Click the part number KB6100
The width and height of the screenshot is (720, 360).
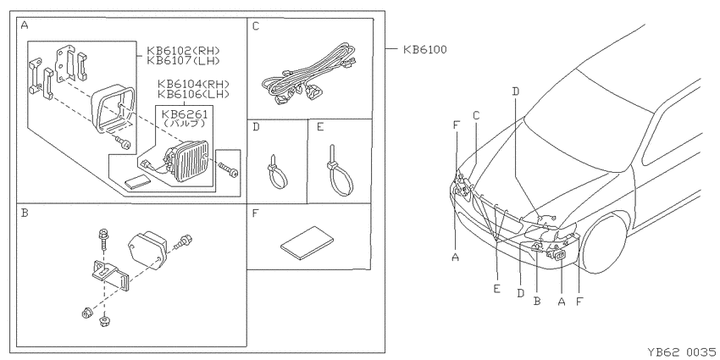(x=424, y=50)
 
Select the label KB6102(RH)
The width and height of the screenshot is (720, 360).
(x=183, y=51)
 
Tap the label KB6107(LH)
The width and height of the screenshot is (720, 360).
(x=183, y=60)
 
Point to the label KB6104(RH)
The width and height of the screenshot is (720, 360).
(x=193, y=85)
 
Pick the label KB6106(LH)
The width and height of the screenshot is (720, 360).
(x=193, y=94)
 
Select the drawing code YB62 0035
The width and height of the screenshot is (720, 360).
(x=681, y=352)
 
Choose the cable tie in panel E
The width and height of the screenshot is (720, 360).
(x=340, y=171)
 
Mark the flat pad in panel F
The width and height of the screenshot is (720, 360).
(x=307, y=242)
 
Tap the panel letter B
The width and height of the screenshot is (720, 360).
(x=25, y=213)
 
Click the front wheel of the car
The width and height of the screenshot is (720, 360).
(x=602, y=242)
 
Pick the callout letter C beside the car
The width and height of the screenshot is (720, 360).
(x=476, y=116)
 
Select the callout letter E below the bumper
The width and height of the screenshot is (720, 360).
(x=497, y=289)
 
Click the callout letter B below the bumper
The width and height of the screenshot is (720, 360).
(x=537, y=302)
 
